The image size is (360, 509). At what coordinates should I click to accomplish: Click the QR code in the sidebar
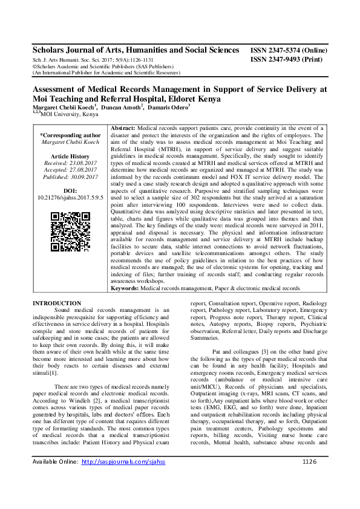[x=70, y=232]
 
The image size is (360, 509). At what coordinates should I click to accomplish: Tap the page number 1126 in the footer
[x=310, y=496]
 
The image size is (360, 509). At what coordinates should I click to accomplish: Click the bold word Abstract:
[x=124, y=129]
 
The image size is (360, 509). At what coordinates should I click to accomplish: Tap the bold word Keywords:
[x=125, y=288]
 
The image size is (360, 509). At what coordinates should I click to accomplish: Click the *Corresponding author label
[x=70, y=135]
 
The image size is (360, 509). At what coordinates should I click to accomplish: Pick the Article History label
[x=70, y=156]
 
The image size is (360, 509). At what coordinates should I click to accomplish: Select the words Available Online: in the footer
[x=55, y=496]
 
